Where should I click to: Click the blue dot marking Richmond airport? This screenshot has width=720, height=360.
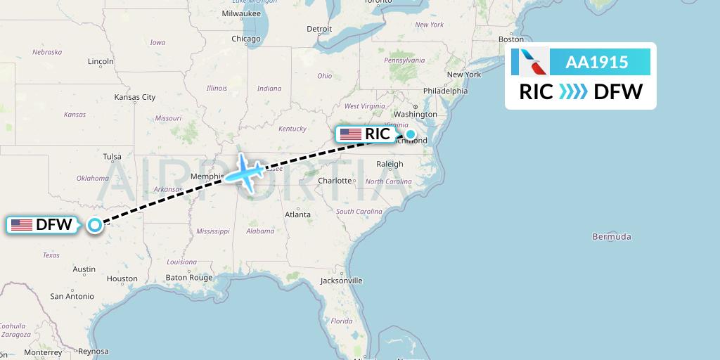point(410,134)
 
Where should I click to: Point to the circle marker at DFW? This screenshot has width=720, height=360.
point(94,225)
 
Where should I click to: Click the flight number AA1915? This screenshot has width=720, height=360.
point(596,63)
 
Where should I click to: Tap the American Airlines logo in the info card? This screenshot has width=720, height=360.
point(529,63)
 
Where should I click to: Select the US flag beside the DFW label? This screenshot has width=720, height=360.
point(22,225)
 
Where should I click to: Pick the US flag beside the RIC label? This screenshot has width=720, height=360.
point(350,134)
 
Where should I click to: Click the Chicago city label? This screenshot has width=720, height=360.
point(246,39)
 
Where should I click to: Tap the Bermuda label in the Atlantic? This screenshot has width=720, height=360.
point(611,237)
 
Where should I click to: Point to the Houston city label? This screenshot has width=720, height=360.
point(122,279)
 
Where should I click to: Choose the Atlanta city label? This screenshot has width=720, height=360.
point(297,214)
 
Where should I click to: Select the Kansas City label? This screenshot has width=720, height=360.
point(134,97)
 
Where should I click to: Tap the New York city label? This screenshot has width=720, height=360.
point(463,75)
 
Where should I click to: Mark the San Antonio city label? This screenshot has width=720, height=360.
point(72,297)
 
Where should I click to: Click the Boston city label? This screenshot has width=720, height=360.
point(510,39)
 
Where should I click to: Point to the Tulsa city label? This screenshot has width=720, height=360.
point(112,157)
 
